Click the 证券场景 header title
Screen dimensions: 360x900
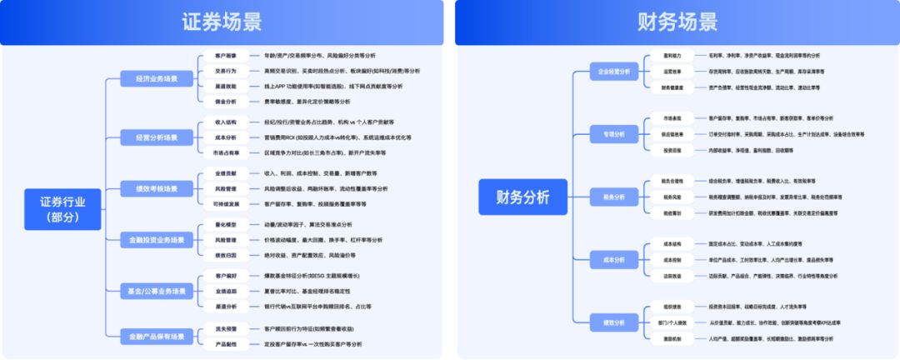coord(221,22)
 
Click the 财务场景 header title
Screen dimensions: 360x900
coord(676,22)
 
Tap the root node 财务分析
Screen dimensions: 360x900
coord(522,197)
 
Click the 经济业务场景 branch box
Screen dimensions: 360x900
coord(150,79)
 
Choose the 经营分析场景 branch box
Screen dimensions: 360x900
coord(150,137)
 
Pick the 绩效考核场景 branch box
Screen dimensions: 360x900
coord(150,188)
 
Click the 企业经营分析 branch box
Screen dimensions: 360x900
coord(613,72)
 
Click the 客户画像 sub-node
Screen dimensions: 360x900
coord(219,56)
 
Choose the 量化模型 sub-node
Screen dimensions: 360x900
coord(220,225)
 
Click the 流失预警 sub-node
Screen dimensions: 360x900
coord(220,328)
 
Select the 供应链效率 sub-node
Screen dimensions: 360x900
coord(672,133)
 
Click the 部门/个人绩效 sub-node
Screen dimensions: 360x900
coord(672,322)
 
